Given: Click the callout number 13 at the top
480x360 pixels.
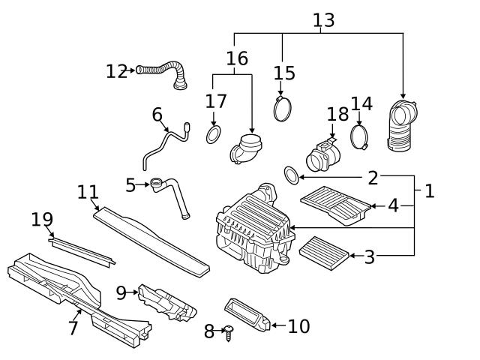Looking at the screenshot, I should click(323, 20).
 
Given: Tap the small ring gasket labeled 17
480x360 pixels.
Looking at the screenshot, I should click(214, 134).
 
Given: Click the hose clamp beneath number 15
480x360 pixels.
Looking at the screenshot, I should click(283, 109).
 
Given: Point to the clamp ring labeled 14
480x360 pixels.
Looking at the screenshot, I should click(360, 136).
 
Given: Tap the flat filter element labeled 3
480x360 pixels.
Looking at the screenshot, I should click(325, 250).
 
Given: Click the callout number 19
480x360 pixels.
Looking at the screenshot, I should click(42, 220).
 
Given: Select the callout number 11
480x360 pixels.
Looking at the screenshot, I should click(88, 192).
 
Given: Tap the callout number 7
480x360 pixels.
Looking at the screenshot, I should click(73, 328).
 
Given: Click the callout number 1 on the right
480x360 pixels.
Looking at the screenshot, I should click(429, 191).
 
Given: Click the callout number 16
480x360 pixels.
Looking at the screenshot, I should click(237, 58).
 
